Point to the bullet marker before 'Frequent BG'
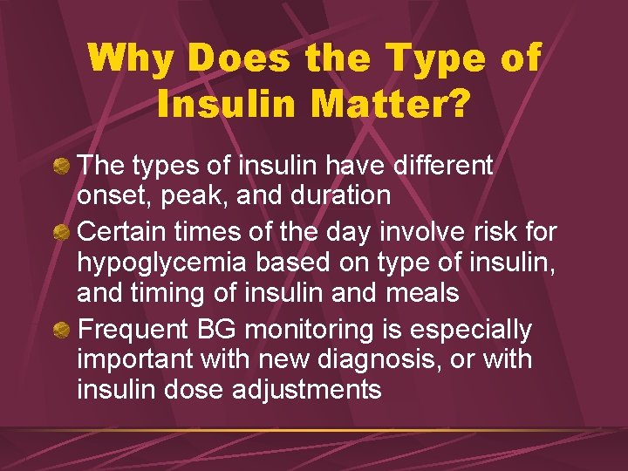pyautogui.click(x=62, y=331)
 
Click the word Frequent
pyautogui.click(x=132, y=330)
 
